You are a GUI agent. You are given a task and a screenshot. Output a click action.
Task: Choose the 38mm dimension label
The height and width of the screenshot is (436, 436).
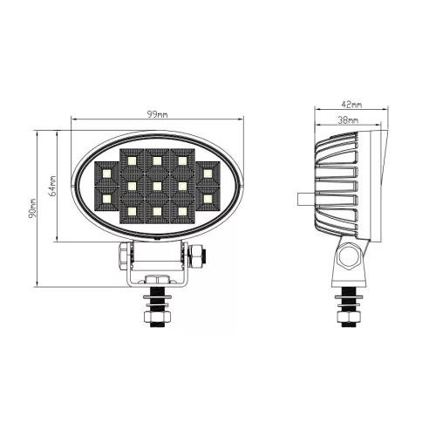pos(347,121)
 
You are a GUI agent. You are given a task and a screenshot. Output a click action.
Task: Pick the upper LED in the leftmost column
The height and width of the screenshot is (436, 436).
pos(105,174)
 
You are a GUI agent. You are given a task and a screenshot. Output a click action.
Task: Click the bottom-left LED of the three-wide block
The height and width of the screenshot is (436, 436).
pos(131,211)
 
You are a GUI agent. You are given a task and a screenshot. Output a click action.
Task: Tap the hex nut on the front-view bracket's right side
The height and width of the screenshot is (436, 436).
pos(199,255)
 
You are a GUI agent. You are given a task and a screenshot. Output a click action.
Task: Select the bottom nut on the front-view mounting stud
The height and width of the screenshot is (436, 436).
pos(157,320)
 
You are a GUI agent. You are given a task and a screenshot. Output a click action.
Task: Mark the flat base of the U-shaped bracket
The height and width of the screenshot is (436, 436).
pos(158,284)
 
